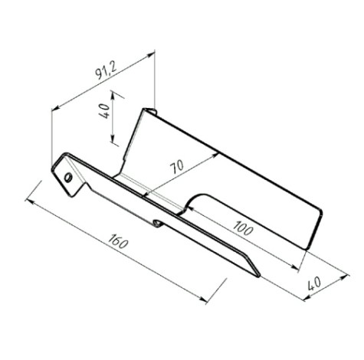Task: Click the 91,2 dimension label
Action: (106, 70)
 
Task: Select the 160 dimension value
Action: (118, 241)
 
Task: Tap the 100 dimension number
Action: (243, 228)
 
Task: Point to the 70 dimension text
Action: (177, 166)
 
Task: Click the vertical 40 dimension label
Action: (104, 110)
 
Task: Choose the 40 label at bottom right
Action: (314, 283)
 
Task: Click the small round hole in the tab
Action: (68, 177)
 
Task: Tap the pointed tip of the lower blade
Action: (259, 276)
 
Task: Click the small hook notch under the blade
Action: (158, 224)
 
